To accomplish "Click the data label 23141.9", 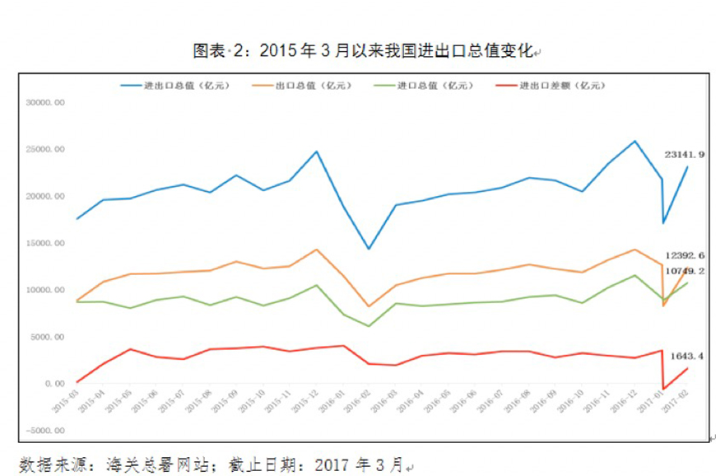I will (x=685, y=153).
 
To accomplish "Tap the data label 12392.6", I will (x=685, y=256).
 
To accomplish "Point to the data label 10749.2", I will (x=685, y=270).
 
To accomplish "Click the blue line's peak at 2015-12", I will (x=317, y=152).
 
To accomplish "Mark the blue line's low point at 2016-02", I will (x=369, y=249).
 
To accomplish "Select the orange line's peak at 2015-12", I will (x=317, y=250).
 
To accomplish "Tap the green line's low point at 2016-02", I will (x=369, y=326).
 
